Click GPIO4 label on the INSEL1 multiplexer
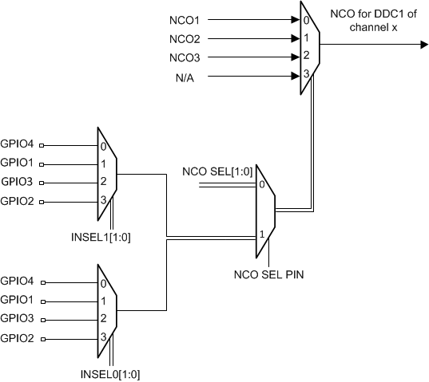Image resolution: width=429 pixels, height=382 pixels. pyautogui.click(x=18, y=145)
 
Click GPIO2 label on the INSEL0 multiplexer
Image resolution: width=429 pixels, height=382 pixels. pyautogui.click(x=18, y=337)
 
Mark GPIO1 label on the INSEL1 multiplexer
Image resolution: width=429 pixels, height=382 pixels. pyautogui.click(x=18, y=163)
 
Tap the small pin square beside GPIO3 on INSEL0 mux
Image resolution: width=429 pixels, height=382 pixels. pyautogui.click(x=42, y=319)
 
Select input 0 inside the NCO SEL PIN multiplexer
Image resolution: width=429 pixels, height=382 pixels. pyautogui.click(x=261, y=186)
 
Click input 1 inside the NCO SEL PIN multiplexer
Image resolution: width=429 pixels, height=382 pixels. pyautogui.click(x=261, y=236)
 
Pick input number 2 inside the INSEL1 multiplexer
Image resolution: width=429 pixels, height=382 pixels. pyautogui.click(x=103, y=182)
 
